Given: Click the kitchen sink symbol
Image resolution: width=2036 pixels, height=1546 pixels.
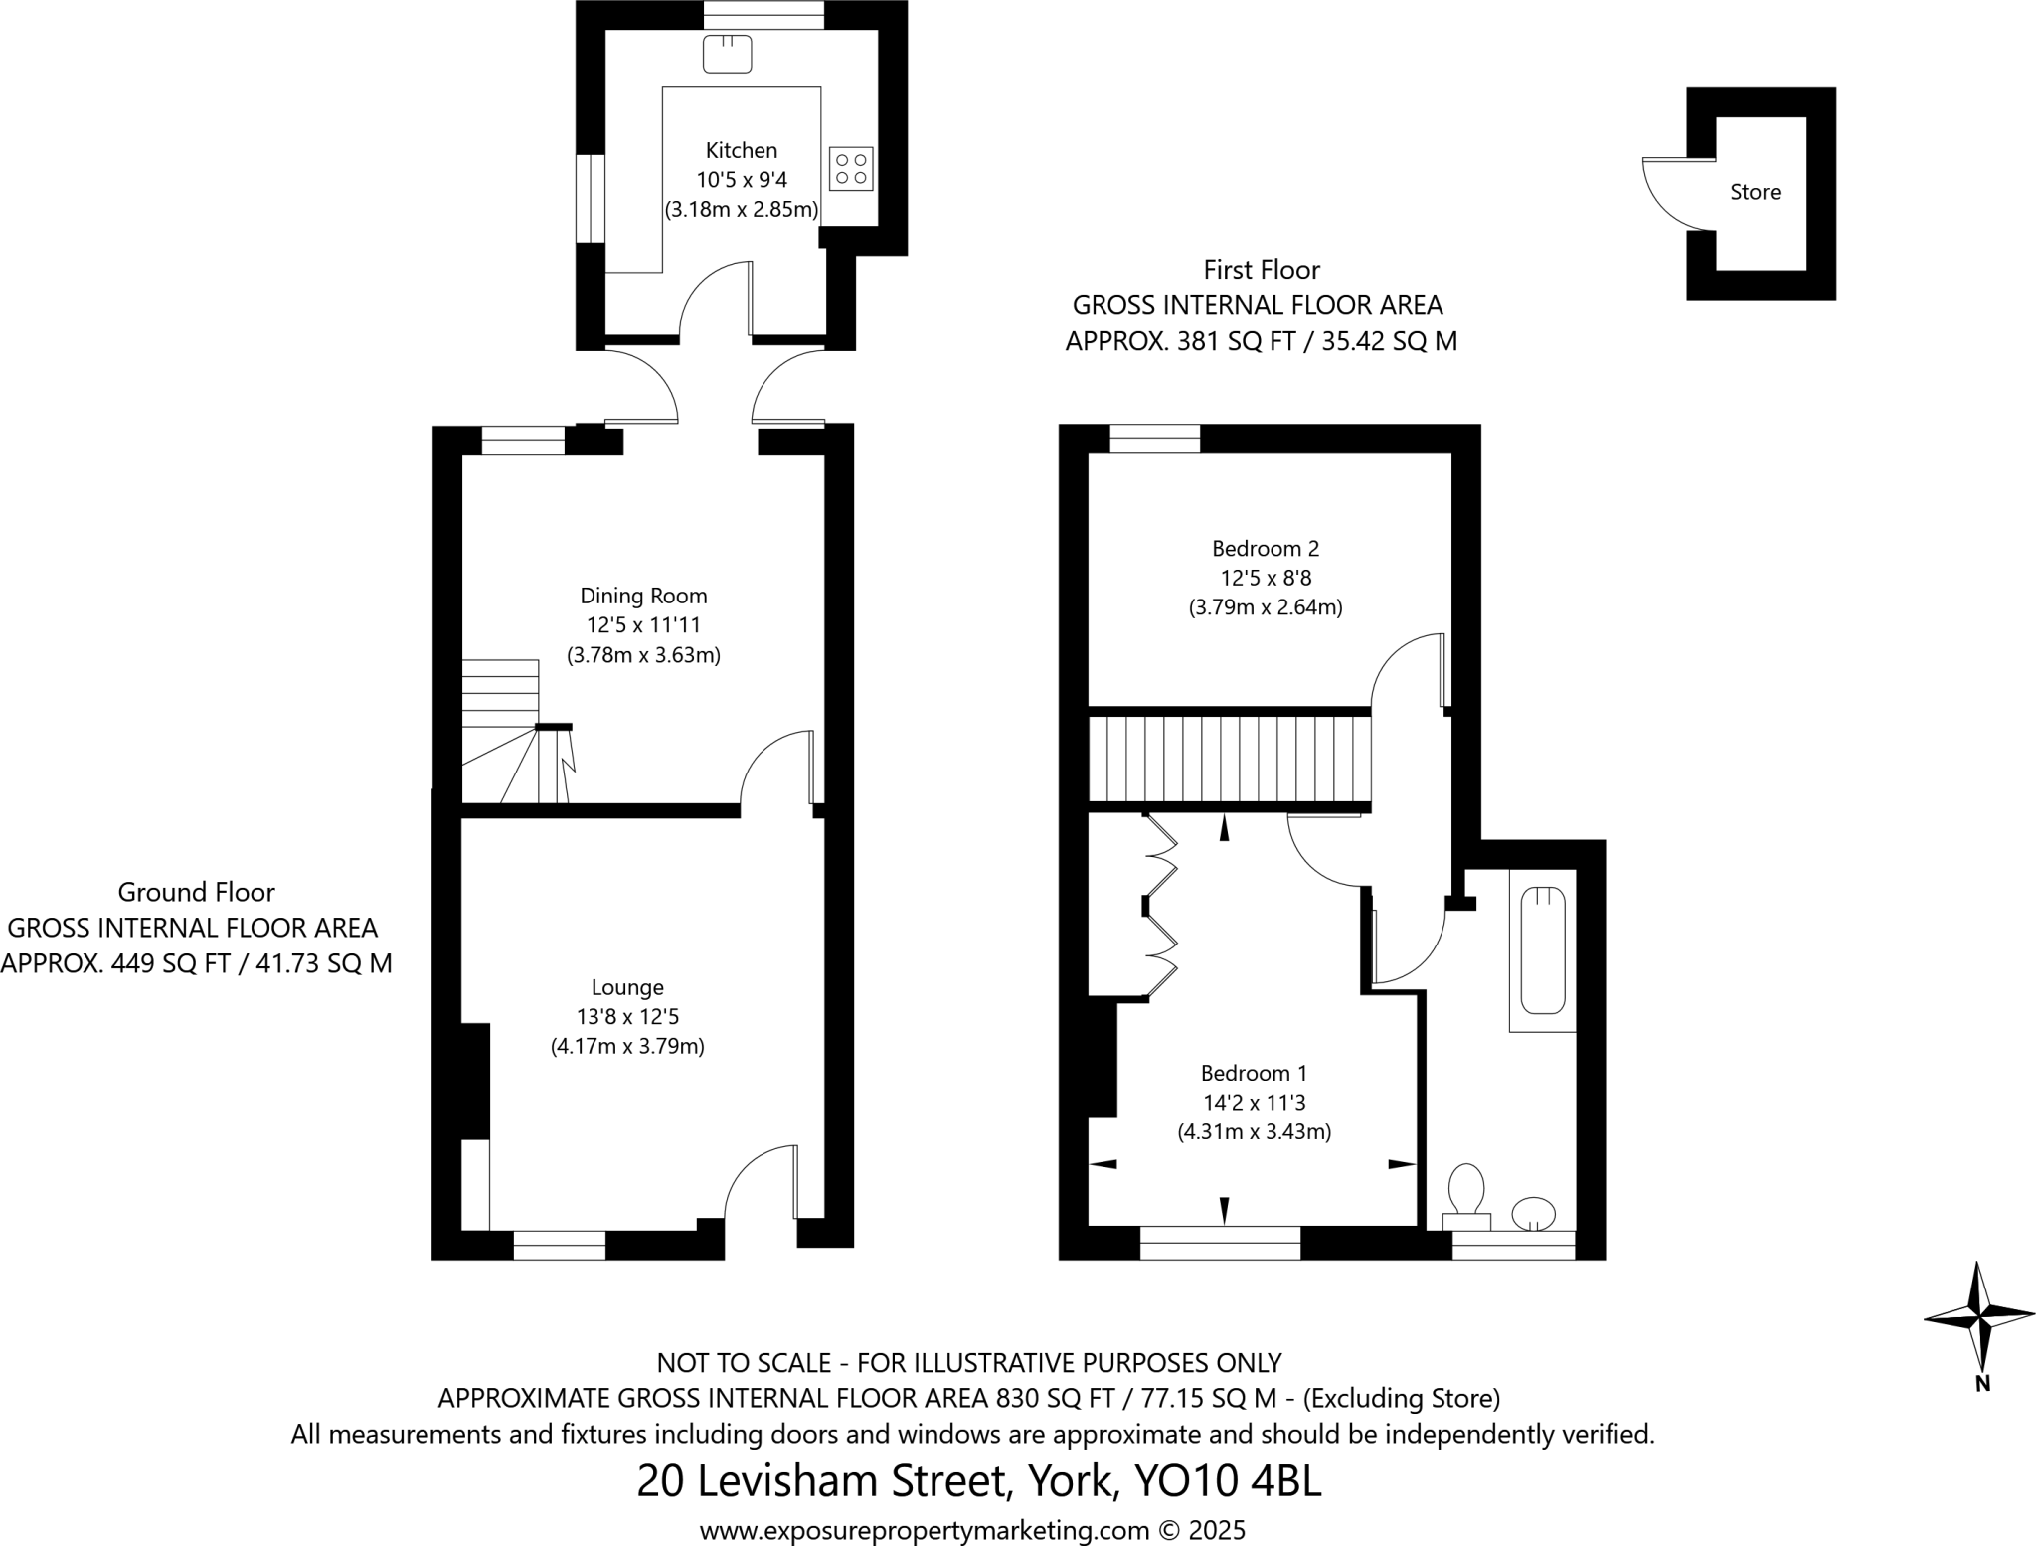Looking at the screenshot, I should (x=727, y=54).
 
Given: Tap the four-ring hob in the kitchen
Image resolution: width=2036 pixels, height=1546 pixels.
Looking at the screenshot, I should (x=851, y=169).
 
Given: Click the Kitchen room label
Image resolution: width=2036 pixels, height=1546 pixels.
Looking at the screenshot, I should (x=741, y=151).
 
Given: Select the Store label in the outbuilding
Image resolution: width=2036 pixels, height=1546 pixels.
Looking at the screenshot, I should (x=1755, y=193).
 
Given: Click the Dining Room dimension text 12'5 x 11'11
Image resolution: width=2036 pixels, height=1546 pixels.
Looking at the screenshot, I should (x=643, y=625).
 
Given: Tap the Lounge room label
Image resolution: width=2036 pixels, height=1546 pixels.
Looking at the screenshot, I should (x=626, y=987).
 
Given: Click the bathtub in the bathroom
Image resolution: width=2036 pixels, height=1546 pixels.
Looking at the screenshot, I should (x=1542, y=949).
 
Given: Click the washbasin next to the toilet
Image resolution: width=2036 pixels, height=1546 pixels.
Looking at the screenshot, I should (x=1533, y=1213).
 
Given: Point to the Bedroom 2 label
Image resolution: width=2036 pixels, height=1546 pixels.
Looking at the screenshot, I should (x=1266, y=548).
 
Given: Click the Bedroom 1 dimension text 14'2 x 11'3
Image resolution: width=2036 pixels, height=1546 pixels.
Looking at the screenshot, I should (x=1254, y=1103).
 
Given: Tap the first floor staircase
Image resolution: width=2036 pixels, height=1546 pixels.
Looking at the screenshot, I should (x=1230, y=760).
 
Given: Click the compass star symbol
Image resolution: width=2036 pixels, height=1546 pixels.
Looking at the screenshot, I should (x=1979, y=1317).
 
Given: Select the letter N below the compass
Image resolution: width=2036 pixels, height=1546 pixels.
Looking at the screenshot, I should (x=1982, y=1384).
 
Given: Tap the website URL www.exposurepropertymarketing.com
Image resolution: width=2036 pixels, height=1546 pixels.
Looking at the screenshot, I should (x=925, y=1530).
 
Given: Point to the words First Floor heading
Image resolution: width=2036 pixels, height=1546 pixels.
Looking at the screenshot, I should (x=1261, y=270).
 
